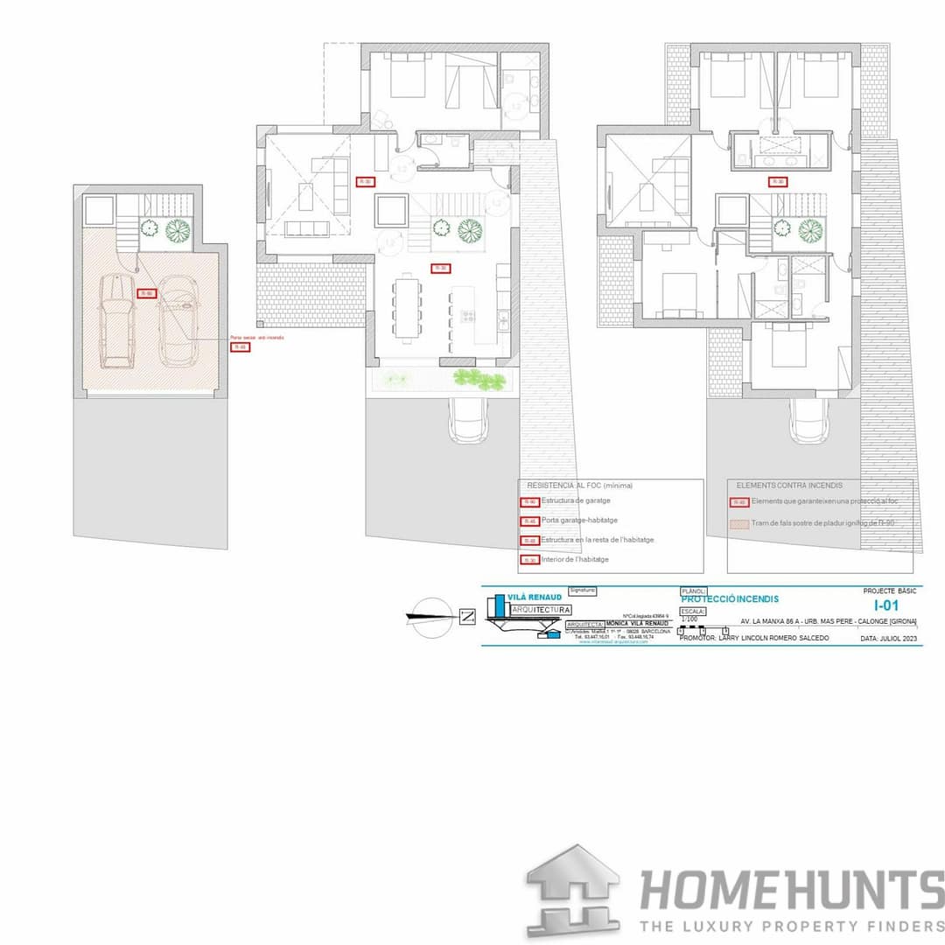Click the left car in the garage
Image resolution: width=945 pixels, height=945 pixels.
click(115, 321)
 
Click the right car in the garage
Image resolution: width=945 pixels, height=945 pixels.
click(178, 321)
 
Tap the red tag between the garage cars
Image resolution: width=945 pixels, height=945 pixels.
click(147, 294)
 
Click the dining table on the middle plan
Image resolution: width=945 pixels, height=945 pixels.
click(406, 306)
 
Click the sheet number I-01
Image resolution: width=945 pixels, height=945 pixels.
click(885, 605)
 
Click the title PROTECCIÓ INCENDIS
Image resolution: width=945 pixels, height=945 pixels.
click(729, 599)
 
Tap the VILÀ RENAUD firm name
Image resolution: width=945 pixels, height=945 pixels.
click(535, 595)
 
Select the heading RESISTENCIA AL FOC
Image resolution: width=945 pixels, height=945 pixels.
click(579, 485)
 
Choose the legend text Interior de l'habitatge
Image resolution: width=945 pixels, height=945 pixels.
click(575, 559)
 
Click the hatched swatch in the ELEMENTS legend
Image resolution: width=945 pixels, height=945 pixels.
click(738, 523)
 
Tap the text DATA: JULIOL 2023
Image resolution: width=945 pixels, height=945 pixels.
click(887, 639)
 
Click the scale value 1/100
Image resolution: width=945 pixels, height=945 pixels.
click(689, 619)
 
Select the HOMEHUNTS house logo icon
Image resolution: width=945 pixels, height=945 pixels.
click(573, 892)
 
